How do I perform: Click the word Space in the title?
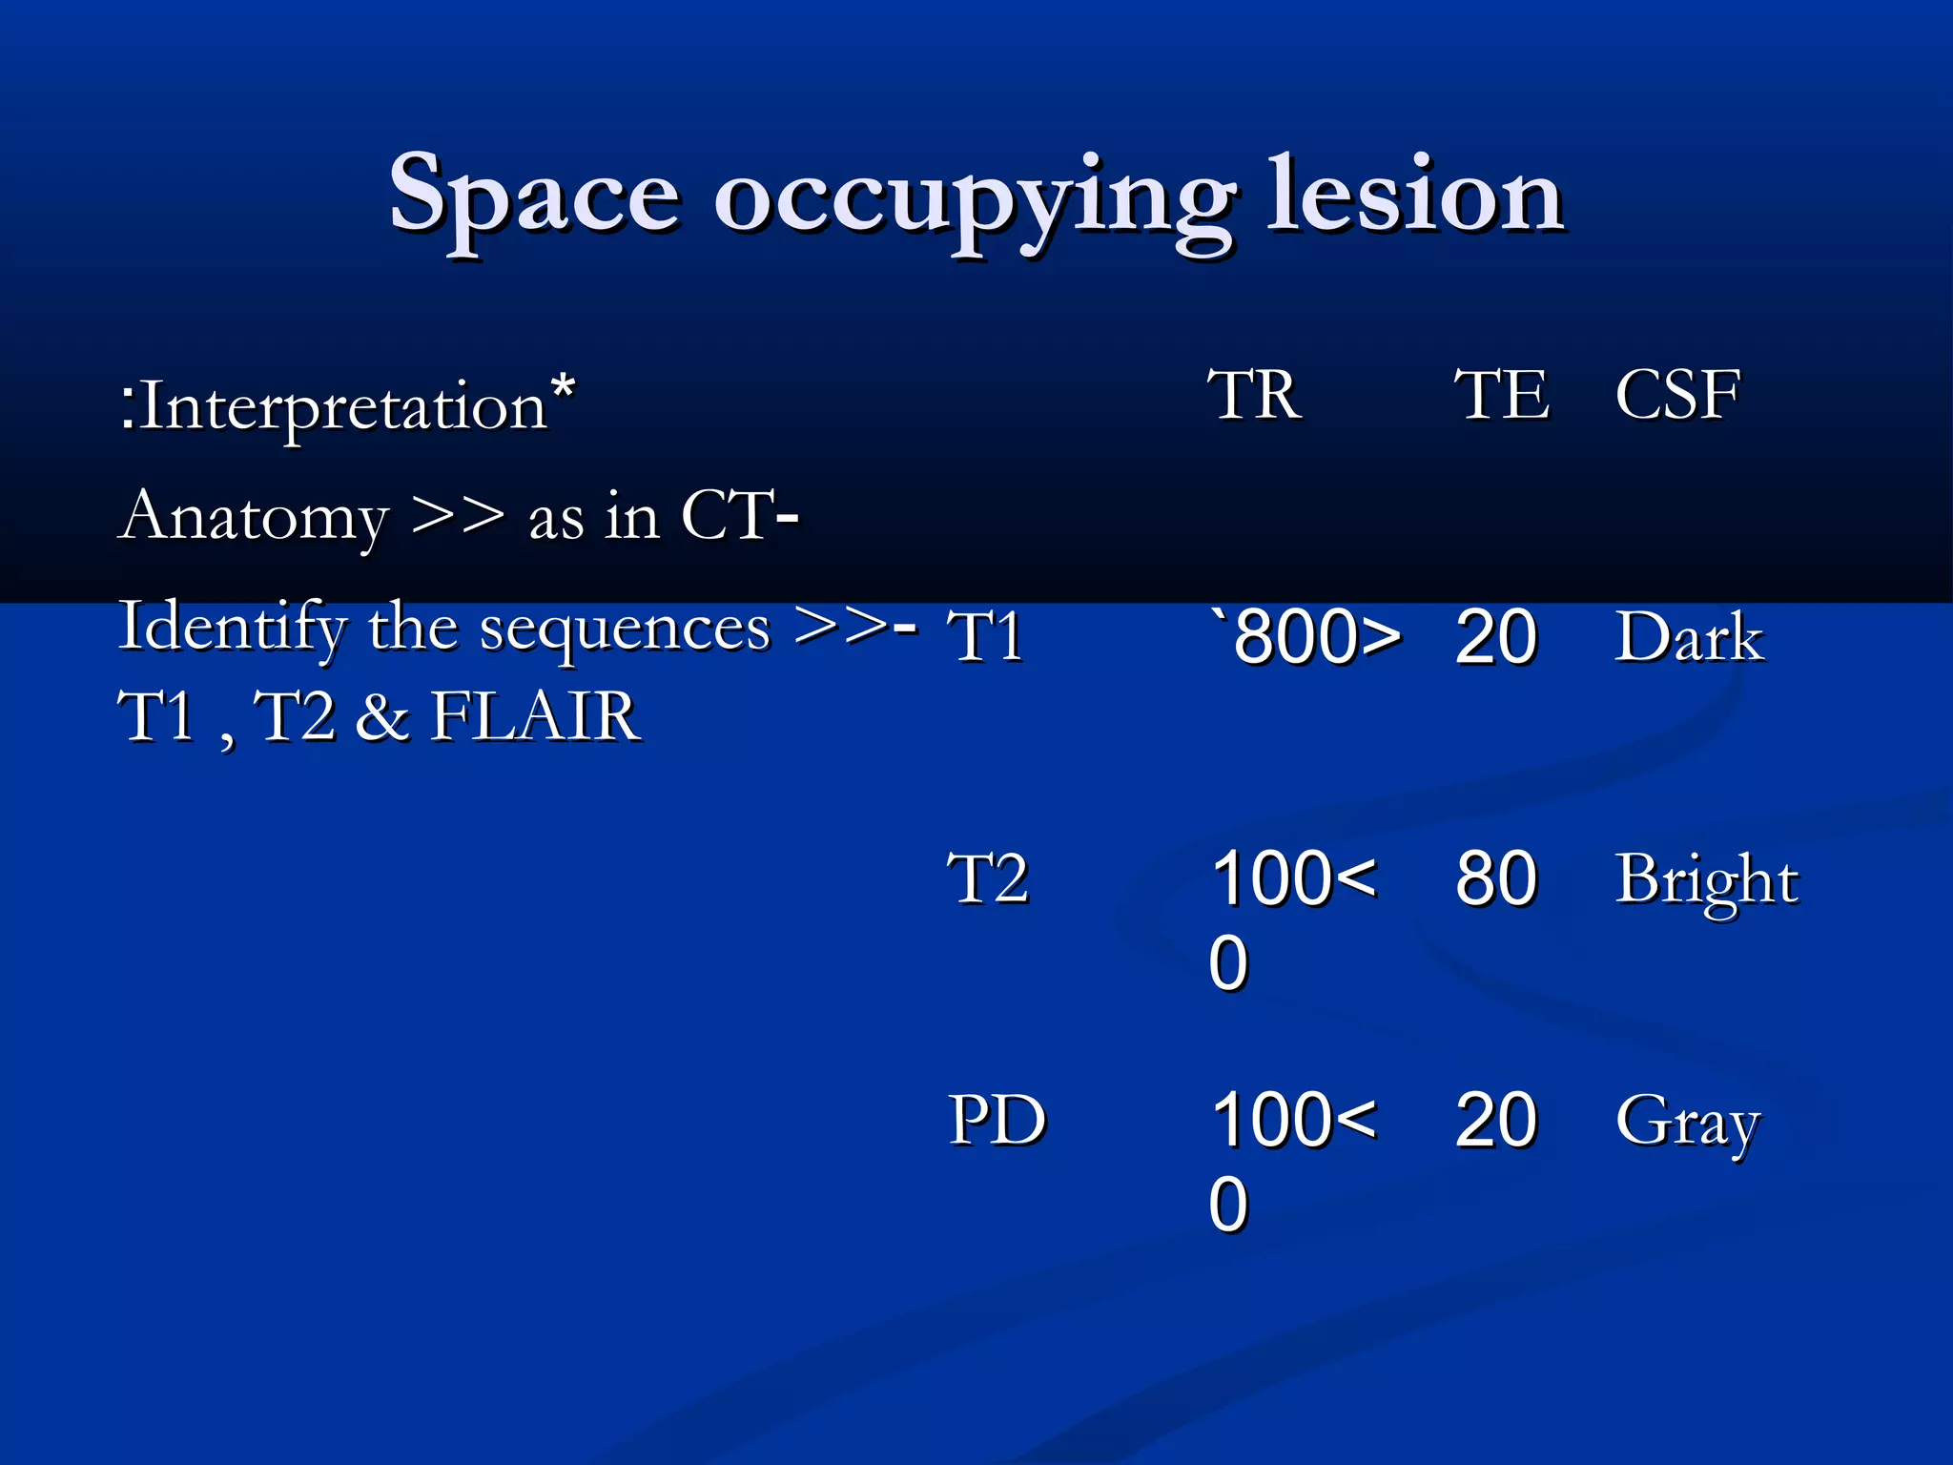click(534, 196)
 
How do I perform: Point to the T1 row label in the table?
click(985, 636)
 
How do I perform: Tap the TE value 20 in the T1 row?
click(1495, 636)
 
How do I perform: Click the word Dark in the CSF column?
click(1689, 636)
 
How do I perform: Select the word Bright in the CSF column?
click(1707, 879)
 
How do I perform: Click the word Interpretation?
click(343, 406)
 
